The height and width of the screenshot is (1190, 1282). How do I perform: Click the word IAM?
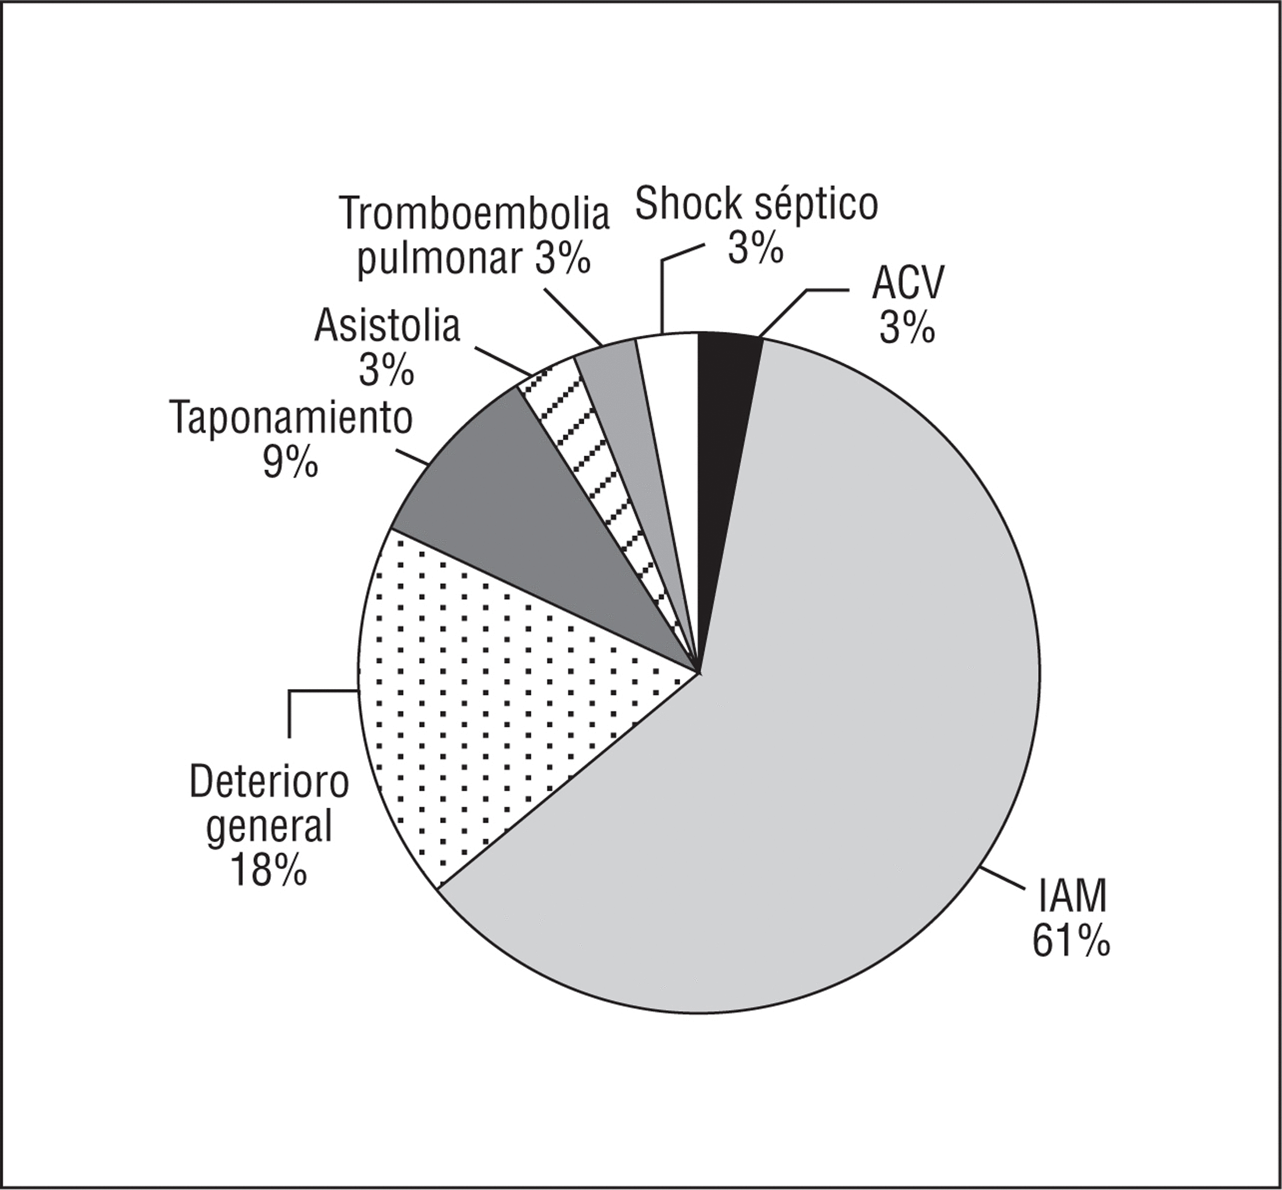(x=1072, y=898)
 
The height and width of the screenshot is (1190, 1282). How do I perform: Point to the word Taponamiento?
(x=291, y=420)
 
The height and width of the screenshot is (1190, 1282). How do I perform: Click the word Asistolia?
(x=387, y=327)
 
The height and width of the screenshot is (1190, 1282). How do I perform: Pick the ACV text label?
(x=907, y=285)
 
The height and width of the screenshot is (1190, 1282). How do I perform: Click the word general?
(x=269, y=827)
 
